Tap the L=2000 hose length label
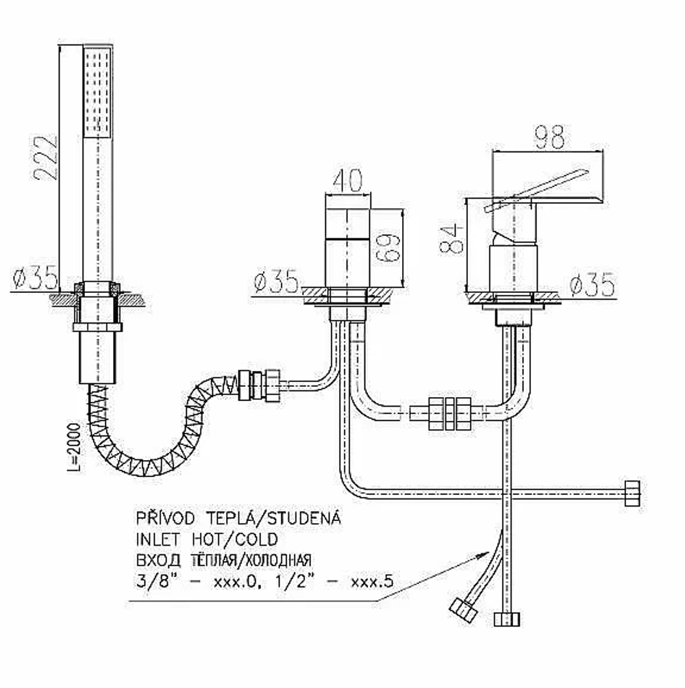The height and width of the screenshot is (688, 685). coord(74,448)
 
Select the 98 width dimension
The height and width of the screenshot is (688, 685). coord(549,138)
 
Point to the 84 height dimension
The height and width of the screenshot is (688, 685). coord(451,238)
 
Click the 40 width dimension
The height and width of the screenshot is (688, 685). coord(348,180)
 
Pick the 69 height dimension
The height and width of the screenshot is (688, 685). coord(388,249)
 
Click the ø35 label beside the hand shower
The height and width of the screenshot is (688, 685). coord(35,277)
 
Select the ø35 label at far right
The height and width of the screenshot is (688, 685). coord(593,284)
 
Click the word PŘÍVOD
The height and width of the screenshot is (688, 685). coord(165,518)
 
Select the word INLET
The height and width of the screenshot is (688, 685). coord(157,539)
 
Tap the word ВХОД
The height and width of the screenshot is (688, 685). coord(158,560)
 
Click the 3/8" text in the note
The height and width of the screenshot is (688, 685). coord(153,581)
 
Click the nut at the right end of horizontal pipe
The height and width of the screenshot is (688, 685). coord(632,494)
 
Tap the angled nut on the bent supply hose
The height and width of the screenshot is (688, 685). coord(464,611)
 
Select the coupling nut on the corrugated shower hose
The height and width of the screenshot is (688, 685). coord(259,385)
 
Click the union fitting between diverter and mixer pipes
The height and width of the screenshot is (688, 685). coord(449,413)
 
